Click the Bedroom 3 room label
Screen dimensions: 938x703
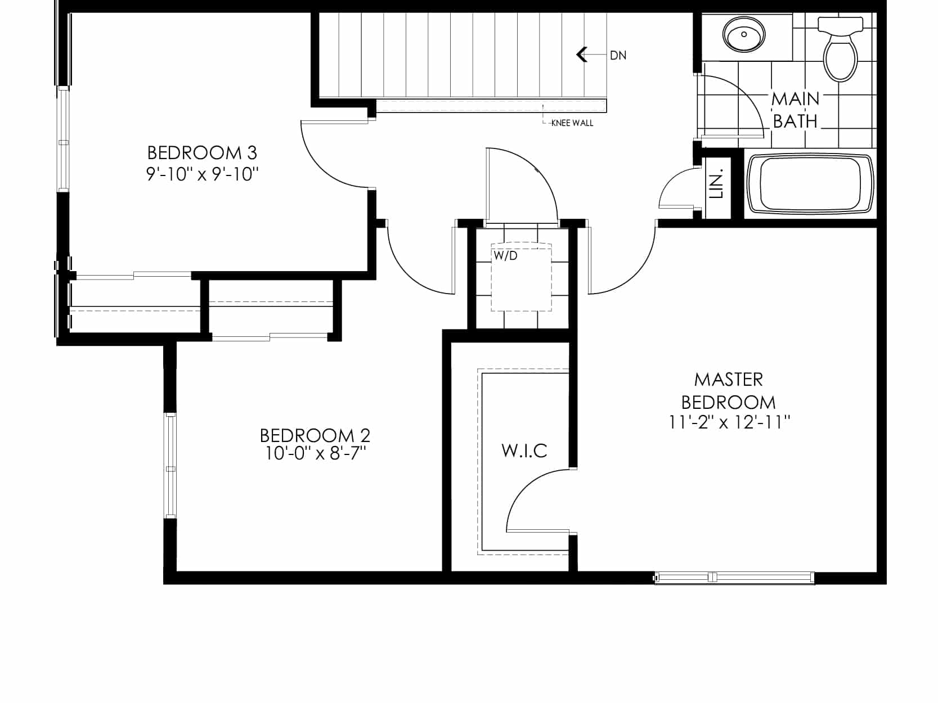201,153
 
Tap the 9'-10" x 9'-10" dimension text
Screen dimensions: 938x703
202,174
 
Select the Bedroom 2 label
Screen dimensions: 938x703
315,436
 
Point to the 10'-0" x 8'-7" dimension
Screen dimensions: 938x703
315,453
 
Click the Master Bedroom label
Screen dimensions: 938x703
728,391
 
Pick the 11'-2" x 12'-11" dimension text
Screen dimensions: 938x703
729,422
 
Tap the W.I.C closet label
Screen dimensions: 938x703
524,451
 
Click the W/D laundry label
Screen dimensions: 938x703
505,256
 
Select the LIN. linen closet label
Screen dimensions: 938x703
716,184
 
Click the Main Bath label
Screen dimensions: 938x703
795,110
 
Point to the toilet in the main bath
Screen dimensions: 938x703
840,48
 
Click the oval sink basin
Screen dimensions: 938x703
744,34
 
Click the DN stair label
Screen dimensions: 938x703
618,56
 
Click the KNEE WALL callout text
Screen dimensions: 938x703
572,123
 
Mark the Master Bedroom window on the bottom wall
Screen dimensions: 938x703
734,577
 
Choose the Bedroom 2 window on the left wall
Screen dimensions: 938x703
170,466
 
